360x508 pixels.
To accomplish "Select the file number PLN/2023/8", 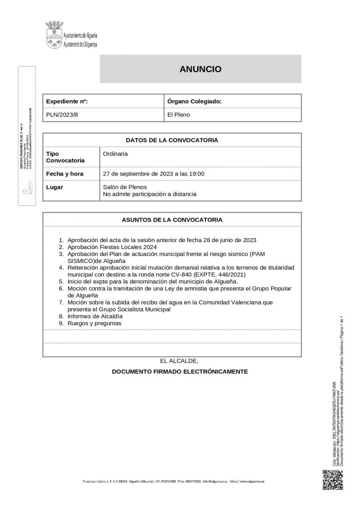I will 62,115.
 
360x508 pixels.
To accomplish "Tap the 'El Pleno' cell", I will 178,115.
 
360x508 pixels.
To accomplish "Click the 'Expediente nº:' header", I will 67,101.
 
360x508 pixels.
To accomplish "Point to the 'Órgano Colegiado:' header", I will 194,101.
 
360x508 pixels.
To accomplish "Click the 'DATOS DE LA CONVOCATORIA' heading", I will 172,140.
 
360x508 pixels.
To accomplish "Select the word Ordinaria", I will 115,154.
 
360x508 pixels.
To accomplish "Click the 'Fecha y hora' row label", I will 65,174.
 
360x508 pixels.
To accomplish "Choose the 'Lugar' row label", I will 54,188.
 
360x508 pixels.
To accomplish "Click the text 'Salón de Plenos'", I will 124,188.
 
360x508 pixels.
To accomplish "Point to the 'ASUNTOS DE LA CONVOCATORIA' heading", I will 172,219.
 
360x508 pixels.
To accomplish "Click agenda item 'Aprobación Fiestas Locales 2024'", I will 113,247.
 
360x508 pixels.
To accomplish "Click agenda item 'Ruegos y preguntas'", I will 94,323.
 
